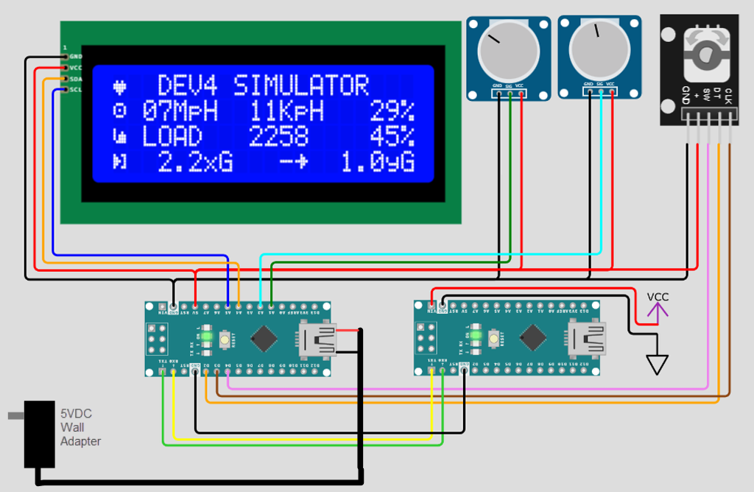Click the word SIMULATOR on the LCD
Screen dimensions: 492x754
[x=300, y=86]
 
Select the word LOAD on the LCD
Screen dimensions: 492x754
[x=172, y=137]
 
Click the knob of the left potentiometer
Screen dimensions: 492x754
[x=507, y=51]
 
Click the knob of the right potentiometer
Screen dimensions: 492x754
[x=599, y=51]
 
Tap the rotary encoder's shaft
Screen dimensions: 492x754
[x=707, y=55]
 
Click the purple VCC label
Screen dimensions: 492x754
[x=658, y=297]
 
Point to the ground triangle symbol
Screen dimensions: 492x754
[x=656, y=364]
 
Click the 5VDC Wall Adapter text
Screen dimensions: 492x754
[x=80, y=427]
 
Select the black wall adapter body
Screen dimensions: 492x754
[x=40, y=434]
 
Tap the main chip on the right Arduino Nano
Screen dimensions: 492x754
[x=532, y=338]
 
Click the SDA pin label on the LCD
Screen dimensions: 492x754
[x=76, y=79]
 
